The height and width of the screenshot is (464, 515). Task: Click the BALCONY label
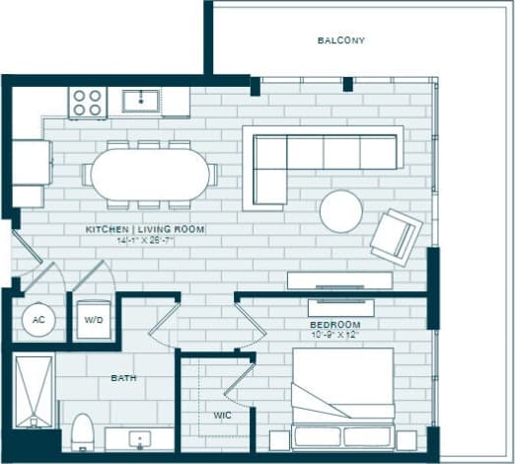pyautogui.click(x=341, y=40)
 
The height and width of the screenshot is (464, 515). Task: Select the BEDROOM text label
pyautogui.click(x=334, y=324)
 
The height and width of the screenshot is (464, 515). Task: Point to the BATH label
pyautogui.click(x=123, y=378)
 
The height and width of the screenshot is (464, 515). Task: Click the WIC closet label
pyautogui.click(x=223, y=415)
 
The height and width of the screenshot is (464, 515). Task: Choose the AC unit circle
pyautogui.click(x=37, y=320)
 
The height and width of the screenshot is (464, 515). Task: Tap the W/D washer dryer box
pyautogui.click(x=95, y=320)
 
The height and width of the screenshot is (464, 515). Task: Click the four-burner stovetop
pyautogui.click(x=87, y=102)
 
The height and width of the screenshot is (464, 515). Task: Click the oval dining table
pyautogui.click(x=150, y=176)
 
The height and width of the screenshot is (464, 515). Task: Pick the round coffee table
pyautogui.click(x=340, y=210)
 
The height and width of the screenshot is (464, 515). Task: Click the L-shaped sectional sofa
pyautogui.click(x=321, y=158)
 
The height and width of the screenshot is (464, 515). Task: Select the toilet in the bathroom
pyautogui.click(x=82, y=430)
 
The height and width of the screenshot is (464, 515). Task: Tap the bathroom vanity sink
pyautogui.click(x=141, y=437)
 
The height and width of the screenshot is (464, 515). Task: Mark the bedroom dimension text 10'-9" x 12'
pyautogui.click(x=335, y=336)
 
